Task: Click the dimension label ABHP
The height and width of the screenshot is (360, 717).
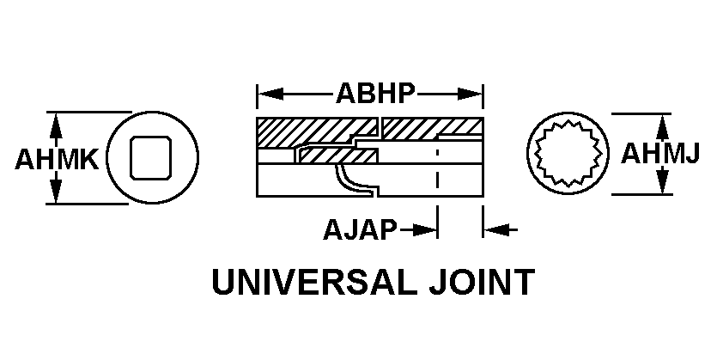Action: (375, 94)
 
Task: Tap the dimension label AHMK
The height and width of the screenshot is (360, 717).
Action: (57, 159)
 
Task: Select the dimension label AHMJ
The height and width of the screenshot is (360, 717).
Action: (659, 153)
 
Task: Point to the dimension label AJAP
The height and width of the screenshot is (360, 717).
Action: (360, 229)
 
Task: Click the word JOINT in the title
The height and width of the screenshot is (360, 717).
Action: (482, 282)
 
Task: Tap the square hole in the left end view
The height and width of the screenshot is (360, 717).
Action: (151, 158)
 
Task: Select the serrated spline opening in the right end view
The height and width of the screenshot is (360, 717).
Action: (568, 153)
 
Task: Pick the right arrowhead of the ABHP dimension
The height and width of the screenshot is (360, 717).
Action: (470, 95)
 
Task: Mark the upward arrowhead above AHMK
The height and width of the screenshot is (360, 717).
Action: (55, 125)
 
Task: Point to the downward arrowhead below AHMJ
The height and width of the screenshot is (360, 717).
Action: (662, 181)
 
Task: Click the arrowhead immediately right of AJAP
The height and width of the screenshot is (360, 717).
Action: (425, 229)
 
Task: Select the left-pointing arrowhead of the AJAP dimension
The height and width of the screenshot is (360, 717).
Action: (495, 229)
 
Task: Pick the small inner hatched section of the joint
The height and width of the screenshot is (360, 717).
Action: (338, 156)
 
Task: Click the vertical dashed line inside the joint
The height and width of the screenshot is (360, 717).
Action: (438, 168)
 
